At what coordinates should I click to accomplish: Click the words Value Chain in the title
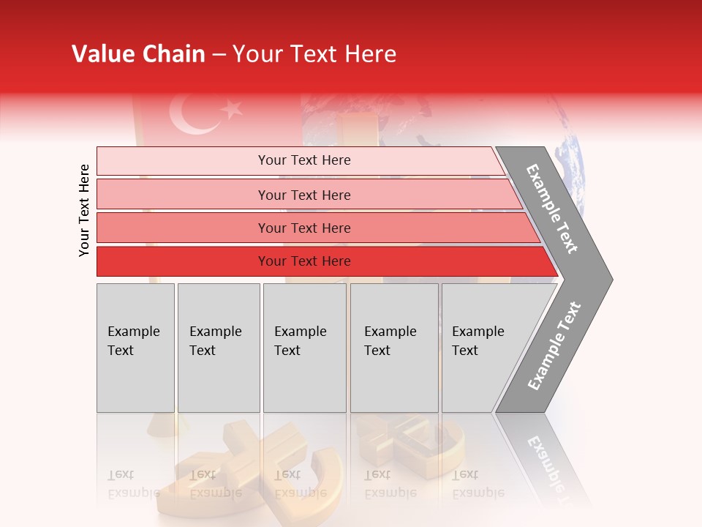(x=138, y=54)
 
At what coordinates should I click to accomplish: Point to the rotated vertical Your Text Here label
(x=84, y=210)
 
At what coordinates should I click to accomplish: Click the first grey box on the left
(x=135, y=348)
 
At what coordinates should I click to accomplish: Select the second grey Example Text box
(x=219, y=348)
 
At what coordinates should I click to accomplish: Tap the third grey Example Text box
(x=304, y=348)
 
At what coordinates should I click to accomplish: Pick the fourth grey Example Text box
(x=394, y=348)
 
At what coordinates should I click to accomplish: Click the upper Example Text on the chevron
(x=553, y=209)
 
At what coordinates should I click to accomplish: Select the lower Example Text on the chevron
(x=554, y=345)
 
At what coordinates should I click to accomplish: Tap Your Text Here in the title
(x=314, y=54)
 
